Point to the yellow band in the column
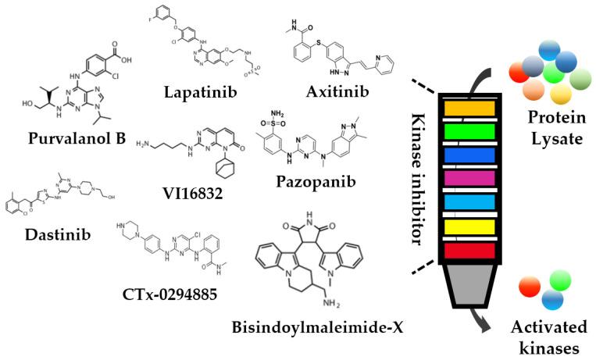coord(468,227)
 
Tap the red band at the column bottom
coord(468,250)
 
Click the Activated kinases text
coord(551,335)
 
